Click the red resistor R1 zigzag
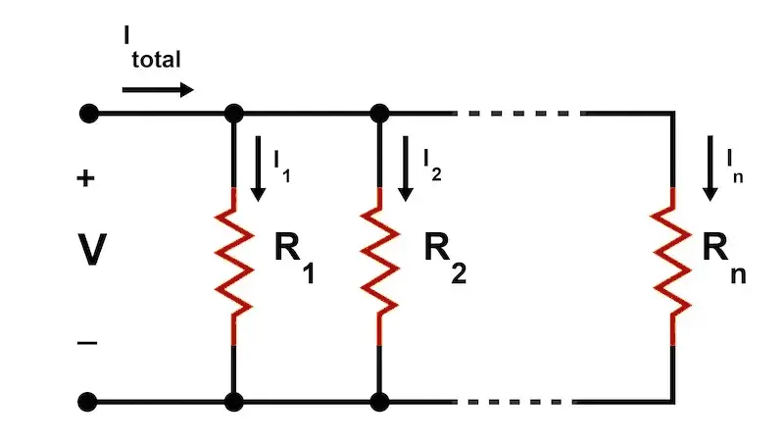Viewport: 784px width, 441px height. tap(233, 260)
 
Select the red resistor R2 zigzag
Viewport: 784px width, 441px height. tap(378, 260)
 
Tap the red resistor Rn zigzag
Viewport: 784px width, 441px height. tap(672, 260)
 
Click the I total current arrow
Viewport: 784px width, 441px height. tap(158, 90)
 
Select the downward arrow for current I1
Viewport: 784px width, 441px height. tap(258, 169)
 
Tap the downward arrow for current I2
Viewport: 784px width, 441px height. tap(403, 169)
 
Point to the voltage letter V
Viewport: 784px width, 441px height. tap(91, 252)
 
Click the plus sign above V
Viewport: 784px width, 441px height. tap(86, 179)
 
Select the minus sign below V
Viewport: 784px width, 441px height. tap(87, 342)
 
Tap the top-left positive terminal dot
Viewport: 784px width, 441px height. tap(88, 114)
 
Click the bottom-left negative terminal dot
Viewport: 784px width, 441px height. tap(88, 402)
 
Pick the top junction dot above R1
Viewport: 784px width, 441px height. tap(233, 114)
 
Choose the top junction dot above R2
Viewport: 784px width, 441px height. tap(378, 114)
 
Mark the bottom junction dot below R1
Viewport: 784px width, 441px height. tap(233, 402)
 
